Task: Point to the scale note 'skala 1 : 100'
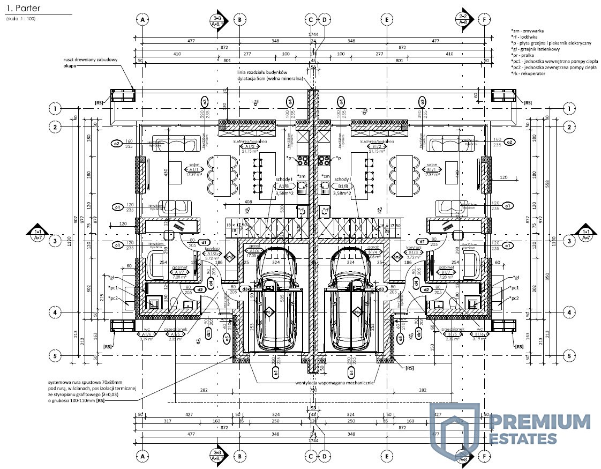(21, 19)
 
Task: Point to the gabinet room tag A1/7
(178, 272)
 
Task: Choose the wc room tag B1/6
(478, 333)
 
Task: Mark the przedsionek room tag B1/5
(449, 333)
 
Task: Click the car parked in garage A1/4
(276, 300)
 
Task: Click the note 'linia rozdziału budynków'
(262, 72)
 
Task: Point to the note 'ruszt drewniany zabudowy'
(94, 59)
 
